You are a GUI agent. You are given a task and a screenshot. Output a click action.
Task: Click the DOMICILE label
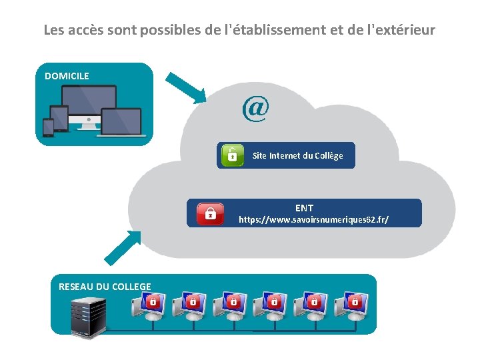tap(67, 76)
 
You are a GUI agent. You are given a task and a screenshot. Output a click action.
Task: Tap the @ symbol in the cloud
tap(255, 109)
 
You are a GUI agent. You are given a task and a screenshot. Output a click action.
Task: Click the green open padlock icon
tap(231, 155)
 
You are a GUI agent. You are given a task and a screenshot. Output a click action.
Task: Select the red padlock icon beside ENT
tap(210, 213)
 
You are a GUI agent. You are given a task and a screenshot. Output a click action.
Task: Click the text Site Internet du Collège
tap(297, 155)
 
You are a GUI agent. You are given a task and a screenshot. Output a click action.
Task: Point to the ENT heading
tap(304, 208)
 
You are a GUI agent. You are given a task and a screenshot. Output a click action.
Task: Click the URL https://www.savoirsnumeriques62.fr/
tap(313, 219)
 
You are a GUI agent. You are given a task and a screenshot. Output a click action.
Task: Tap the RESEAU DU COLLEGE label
tap(105, 287)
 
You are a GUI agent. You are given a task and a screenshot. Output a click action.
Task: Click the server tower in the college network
tap(88, 317)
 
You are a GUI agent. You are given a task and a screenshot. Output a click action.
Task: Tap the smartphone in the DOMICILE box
tap(48, 127)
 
